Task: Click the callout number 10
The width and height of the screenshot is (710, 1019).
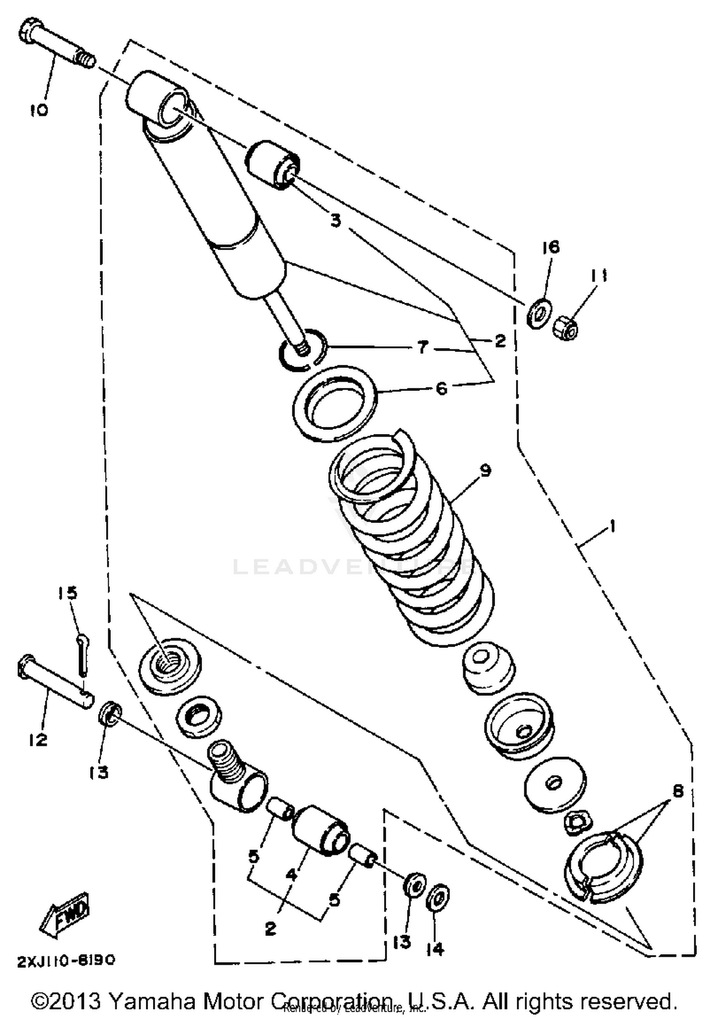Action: coord(39,110)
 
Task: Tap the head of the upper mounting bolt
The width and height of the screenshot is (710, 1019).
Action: coord(30,31)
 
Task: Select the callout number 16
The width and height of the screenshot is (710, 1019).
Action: coord(551,247)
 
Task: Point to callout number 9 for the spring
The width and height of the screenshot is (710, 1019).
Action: coord(485,470)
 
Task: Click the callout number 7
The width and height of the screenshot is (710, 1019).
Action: coord(423,348)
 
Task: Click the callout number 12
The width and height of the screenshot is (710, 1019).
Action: coord(38,739)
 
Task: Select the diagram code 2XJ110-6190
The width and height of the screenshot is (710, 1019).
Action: coord(66,960)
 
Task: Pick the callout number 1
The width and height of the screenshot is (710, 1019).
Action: coord(612,526)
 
